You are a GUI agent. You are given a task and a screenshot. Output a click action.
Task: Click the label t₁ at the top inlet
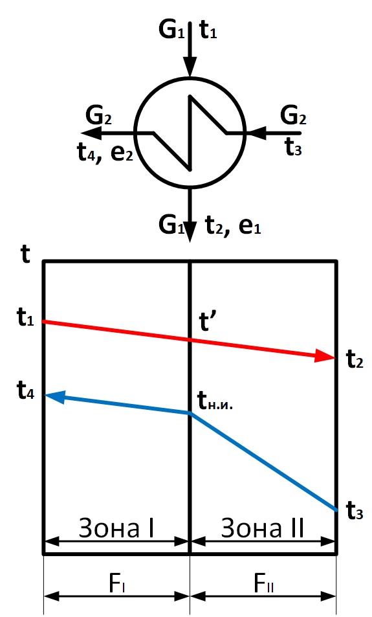point(208,30)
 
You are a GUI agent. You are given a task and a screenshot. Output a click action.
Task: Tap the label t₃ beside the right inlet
point(293,147)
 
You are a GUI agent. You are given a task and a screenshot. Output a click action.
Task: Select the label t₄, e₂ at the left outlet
point(105,153)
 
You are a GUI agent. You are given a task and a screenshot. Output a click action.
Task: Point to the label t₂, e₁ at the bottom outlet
point(233,225)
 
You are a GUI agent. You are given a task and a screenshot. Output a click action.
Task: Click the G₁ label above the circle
point(171,29)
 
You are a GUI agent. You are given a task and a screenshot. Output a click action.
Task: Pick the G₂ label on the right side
point(293,116)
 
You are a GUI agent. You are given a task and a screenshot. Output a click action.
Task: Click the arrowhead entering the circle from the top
point(190,67)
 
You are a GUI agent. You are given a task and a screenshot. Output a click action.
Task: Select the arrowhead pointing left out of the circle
point(92,134)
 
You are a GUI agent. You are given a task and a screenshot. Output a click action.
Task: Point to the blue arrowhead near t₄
point(56,396)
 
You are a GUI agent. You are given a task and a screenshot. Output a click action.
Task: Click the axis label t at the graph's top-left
point(25,254)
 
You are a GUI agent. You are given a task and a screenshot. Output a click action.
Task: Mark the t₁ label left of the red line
point(26,317)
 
